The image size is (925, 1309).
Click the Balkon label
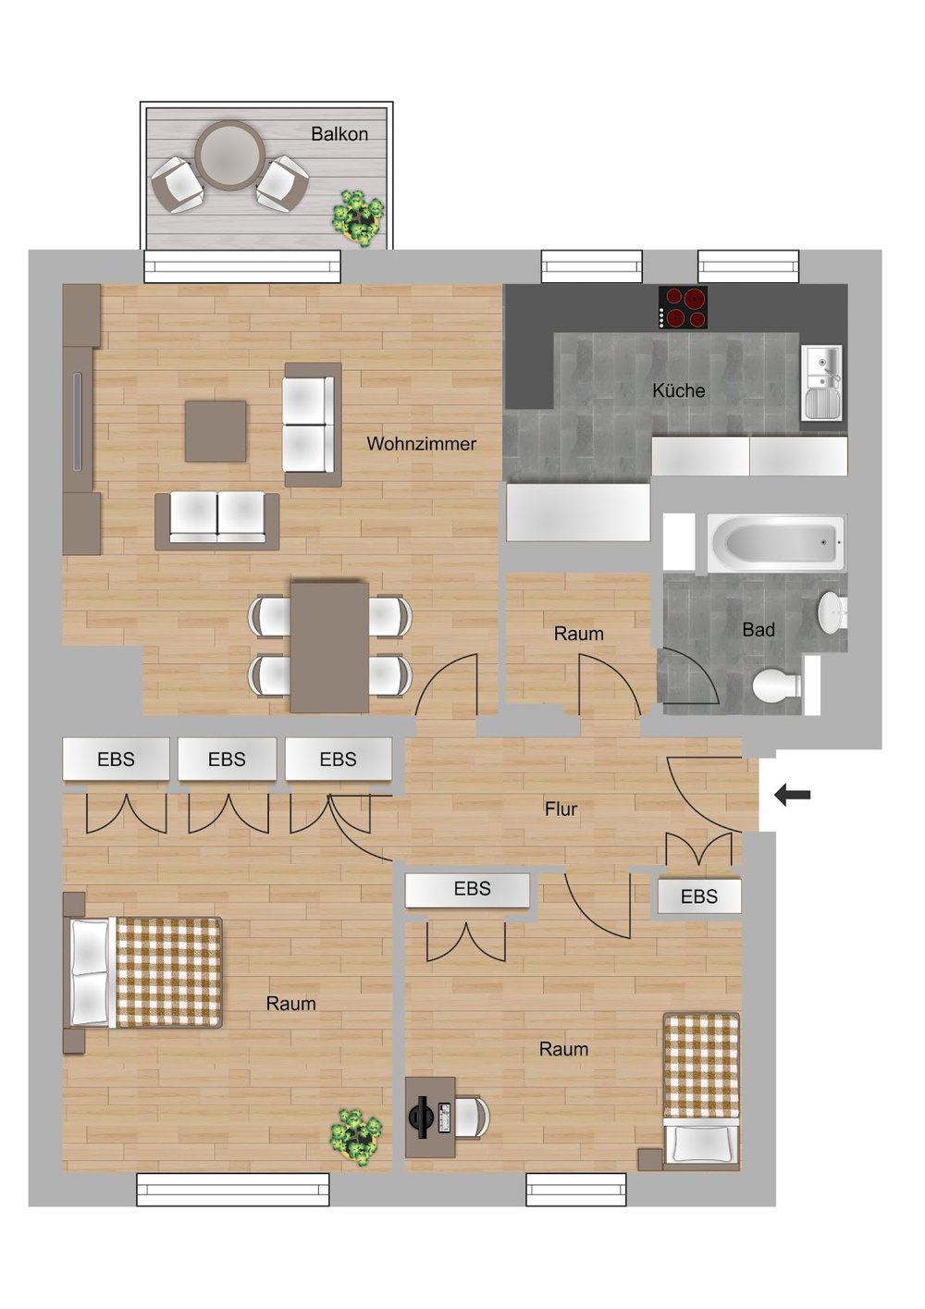pos(339,134)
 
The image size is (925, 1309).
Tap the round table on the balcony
pos(229,154)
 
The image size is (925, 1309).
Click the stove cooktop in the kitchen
pos(683,307)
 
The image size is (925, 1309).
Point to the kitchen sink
pos(821,382)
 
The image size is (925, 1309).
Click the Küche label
pos(678,390)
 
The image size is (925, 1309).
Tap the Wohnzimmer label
pos(421,443)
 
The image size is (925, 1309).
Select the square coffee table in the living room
pos(216,431)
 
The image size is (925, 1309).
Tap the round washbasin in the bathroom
pos(832,612)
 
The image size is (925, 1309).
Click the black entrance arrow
pos(792,795)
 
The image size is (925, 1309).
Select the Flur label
pos(561,809)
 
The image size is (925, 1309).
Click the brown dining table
pos(329,647)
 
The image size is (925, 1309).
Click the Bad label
pos(758,629)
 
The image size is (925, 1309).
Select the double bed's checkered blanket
pos(169,972)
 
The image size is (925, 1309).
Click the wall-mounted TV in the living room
pos(78,421)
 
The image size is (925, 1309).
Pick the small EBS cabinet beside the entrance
pos(699,895)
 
